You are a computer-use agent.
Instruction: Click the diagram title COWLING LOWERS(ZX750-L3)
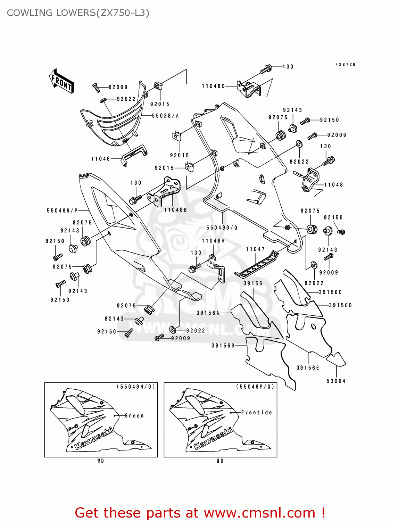[78, 13]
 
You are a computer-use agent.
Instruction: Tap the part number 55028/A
[165, 116]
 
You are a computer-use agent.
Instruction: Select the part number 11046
[101, 159]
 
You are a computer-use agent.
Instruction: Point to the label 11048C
[213, 86]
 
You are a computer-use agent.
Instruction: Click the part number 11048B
[175, 210]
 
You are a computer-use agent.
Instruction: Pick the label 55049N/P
[62, 210]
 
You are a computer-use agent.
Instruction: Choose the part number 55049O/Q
[222, 228]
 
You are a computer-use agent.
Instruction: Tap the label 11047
[255, 249]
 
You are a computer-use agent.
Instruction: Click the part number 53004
[336, 381]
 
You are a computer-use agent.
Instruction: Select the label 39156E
[308, 368]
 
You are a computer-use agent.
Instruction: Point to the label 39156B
[223, 346]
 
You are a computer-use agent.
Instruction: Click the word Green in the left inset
[134, 415]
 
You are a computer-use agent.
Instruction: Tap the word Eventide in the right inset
[257, 413]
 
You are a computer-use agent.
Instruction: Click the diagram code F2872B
[345, 65]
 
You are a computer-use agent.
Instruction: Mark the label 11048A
[213, 241]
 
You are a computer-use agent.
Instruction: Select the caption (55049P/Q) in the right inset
[255, 387]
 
